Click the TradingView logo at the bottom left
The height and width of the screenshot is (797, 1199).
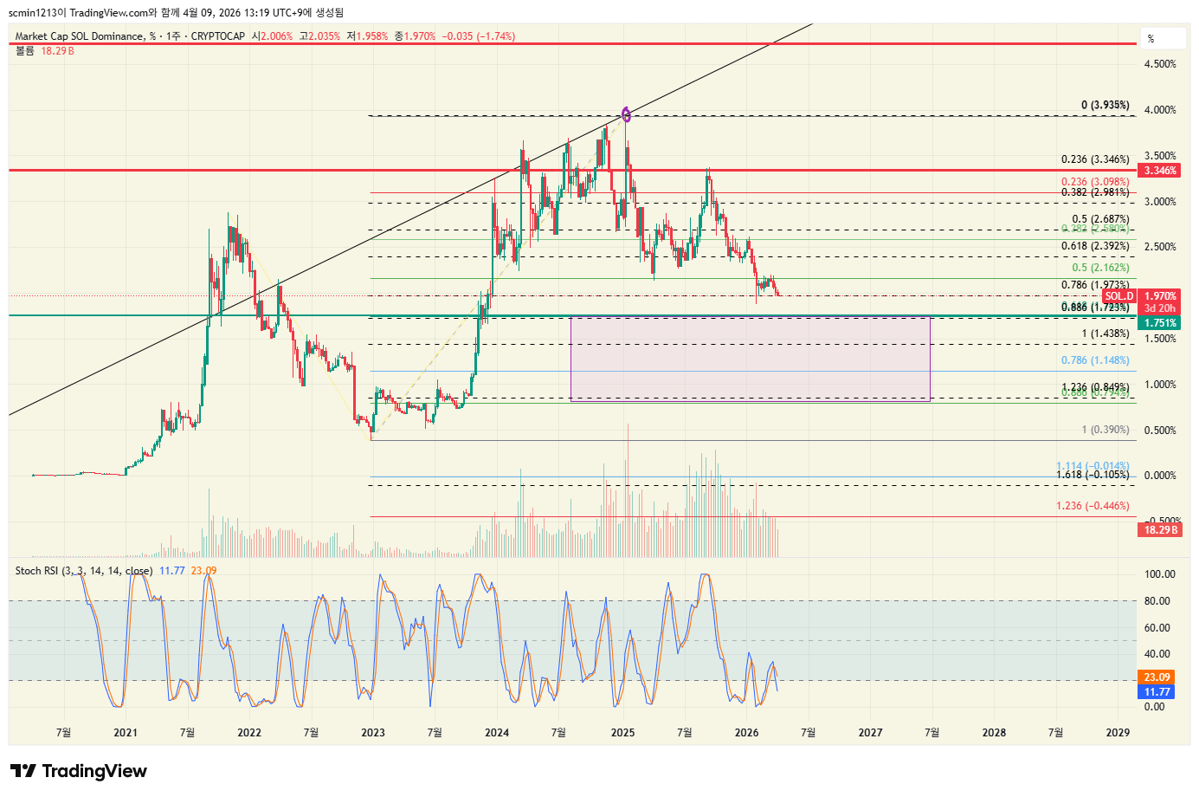pos(79,771)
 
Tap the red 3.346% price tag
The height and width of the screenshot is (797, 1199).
pos(1159,171)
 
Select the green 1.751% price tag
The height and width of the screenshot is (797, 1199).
pos(1159,323)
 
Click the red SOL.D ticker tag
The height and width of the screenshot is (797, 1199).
pos(1118,296)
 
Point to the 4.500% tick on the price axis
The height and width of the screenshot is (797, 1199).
pos(1160,64)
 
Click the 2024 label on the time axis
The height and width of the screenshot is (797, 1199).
pos(497,733)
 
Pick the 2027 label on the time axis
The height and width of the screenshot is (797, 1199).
pos(870,733)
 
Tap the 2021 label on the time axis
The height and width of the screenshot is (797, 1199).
pos(126,733)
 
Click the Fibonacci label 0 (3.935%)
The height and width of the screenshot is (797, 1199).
pos(1105,106)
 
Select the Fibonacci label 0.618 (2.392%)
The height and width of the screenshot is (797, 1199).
pos(1095,246)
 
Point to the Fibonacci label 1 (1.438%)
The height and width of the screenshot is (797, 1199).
pos(1105,334)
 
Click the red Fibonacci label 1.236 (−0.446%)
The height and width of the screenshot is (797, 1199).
pos(1093,506)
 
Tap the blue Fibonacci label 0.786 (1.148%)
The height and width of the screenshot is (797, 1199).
pos(1095,360)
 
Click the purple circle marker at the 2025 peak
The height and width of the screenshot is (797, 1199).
pos(627,113)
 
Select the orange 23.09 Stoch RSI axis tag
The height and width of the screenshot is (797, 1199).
pos(1157,677)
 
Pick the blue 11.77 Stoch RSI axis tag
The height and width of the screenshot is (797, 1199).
pos(1157,692)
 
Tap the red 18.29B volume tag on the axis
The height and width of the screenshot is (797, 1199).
pos(1159,529)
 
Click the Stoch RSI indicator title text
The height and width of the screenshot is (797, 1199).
pos(83,571)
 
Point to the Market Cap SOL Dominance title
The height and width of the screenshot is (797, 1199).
pos(80,36)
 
